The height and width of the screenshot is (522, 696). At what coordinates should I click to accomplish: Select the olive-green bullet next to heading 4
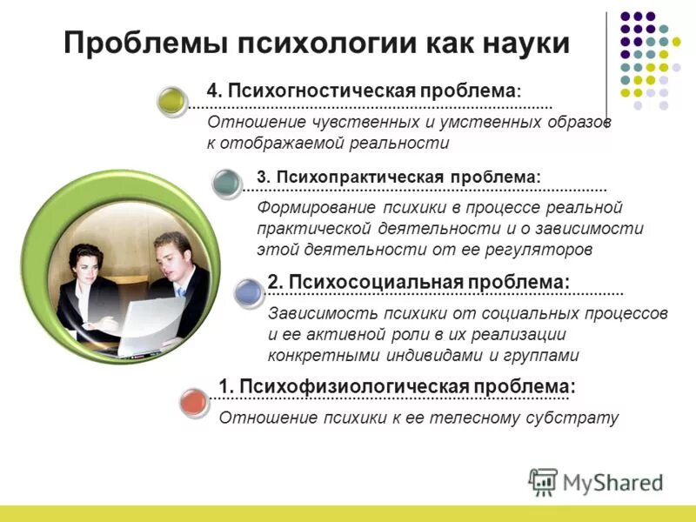coord(172,100)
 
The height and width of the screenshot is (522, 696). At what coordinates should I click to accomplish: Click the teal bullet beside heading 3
coord(228,182)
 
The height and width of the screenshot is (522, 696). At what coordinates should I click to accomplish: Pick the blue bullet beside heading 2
coord(250,291)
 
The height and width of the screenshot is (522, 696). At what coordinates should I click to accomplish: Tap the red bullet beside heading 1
coord(195,403)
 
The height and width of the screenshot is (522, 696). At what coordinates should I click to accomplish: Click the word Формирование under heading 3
coord(312,209)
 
